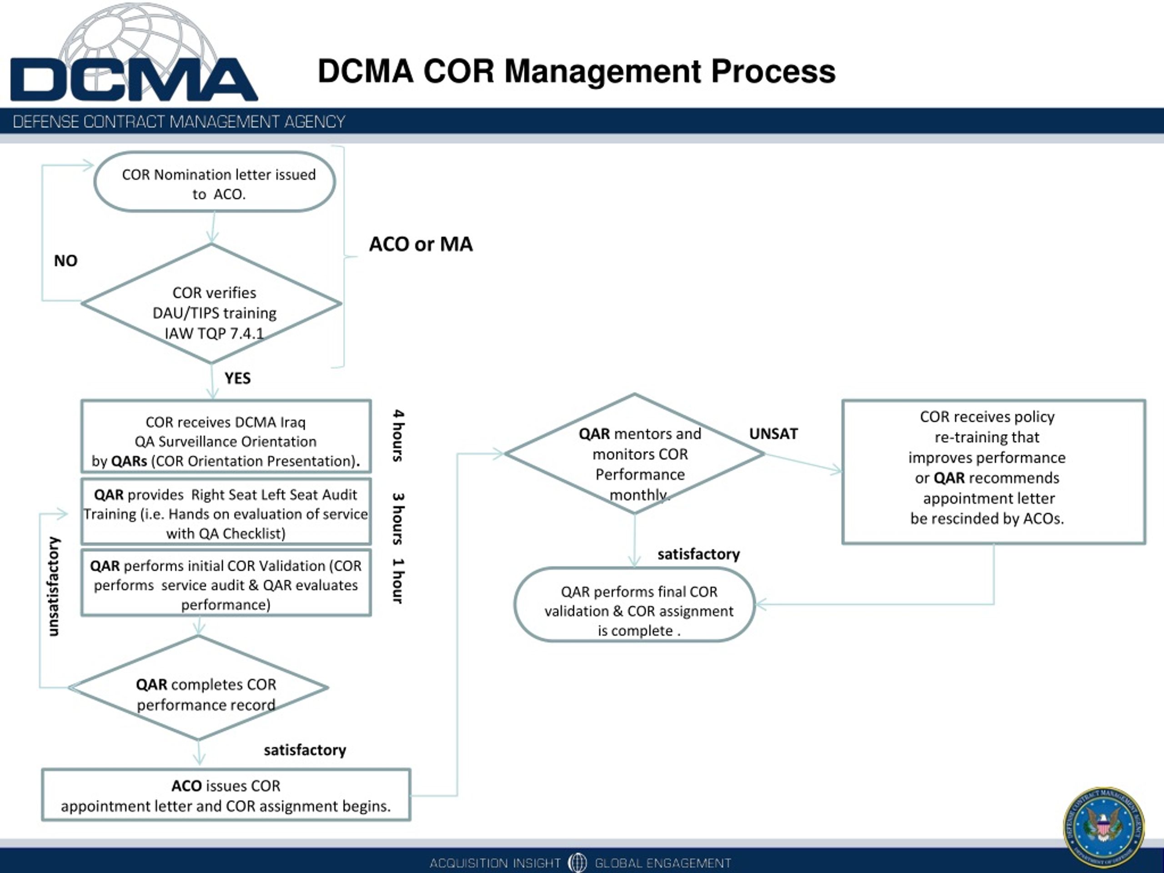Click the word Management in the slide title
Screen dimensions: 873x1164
pos(602,71)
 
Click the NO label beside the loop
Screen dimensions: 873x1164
pos(66,261)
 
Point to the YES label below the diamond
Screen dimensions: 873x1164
pos(237,378)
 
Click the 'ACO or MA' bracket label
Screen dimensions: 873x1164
pos(421,244)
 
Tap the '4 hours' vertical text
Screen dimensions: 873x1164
pos(398,435)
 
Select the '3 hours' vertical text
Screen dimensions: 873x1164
pos(398,518)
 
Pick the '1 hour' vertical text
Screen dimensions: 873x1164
pos(398,581)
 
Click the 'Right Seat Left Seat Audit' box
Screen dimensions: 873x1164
pos(226,513)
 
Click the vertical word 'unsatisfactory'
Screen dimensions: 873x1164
pos(54,586)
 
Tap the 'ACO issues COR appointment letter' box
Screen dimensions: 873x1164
pos(226,795)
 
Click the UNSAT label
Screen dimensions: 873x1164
pos(773,434)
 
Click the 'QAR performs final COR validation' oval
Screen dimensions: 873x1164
pos(635,605)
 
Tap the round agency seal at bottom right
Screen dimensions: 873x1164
pos(1104,827)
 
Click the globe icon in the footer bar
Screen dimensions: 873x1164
pos(577,863)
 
